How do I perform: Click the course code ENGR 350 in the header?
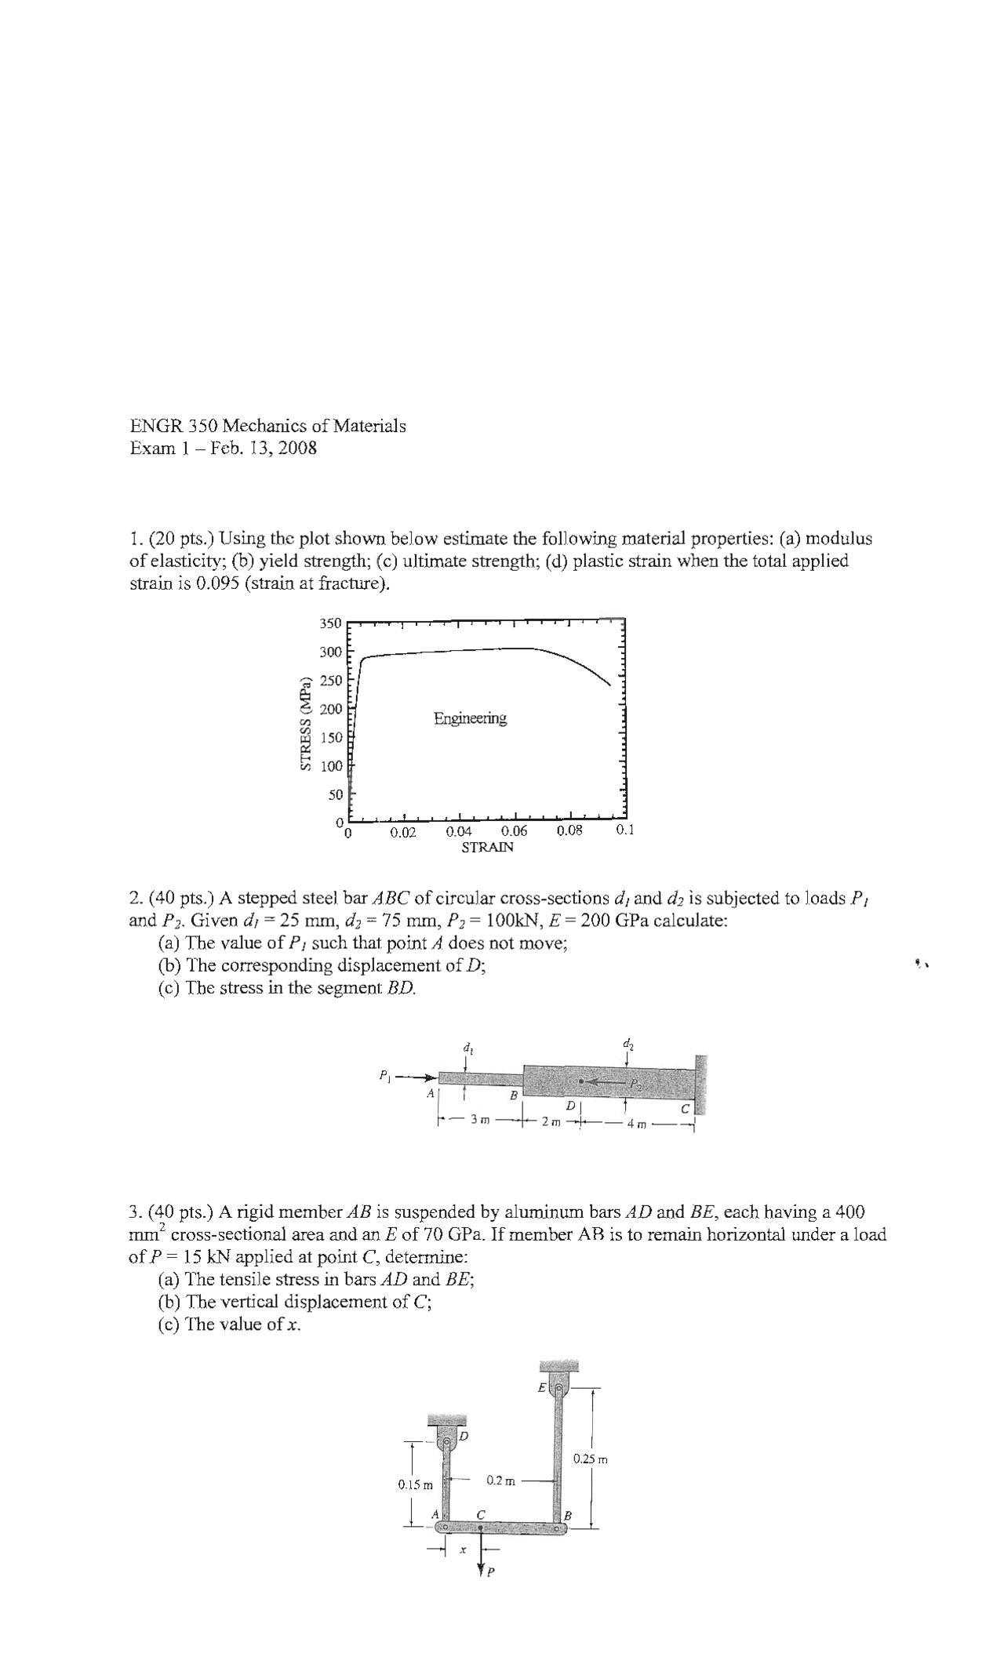[173, 426]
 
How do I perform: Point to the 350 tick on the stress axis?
[330, 623]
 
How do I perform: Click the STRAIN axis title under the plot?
[487, 848]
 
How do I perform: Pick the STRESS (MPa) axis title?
[306, 722]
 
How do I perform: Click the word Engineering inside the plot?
[470, 718]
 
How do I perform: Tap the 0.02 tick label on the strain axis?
[403, 832]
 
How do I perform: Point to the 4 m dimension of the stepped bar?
[636, 1126]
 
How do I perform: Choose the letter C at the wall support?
[685, 1108]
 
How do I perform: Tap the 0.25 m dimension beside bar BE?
[590, 1459]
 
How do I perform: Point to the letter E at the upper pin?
[541, 1387]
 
